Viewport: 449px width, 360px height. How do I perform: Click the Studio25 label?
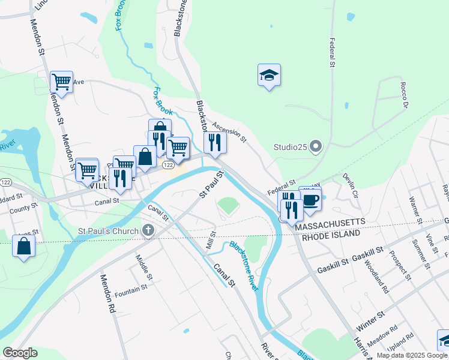tap(291, 146)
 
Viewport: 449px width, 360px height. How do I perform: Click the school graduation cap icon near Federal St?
tap(270, 75)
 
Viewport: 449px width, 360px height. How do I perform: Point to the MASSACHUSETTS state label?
tap(332, 222)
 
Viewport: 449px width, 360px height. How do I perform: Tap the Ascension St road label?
tap(229, 131)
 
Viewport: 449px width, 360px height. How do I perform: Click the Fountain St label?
tap(131, 289)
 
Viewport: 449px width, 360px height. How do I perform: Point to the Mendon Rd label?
tap(107, 295)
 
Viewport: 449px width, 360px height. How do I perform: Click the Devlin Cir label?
tap(351, 185)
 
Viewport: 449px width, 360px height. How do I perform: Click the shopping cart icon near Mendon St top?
tap(61, 81)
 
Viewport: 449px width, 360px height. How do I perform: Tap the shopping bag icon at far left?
tap(23, 246)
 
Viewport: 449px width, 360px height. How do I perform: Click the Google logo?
tap(20, 353)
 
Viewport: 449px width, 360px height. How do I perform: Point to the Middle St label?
tap(143, 268)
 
